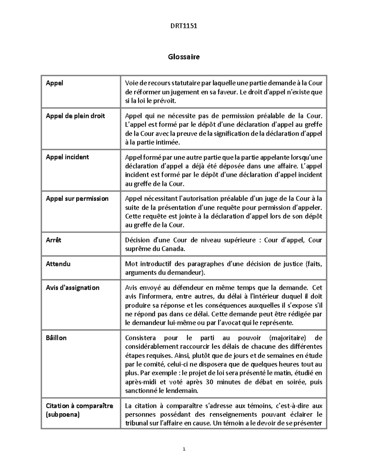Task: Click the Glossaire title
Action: click(184, 57)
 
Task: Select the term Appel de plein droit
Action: click(75, 116)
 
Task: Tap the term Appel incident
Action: click(67, 157)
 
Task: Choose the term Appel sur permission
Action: click(77, 198)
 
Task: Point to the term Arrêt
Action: click(53, 240)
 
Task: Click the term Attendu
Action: click(58, 264)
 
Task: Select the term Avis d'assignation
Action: click(73, 288)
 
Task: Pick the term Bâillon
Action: click(56, 338)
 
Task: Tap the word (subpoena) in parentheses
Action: click(63, 415)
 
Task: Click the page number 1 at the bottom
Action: click(184, 450)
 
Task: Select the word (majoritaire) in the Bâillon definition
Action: click(287, 338)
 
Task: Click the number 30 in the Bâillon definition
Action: click(209, 382)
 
